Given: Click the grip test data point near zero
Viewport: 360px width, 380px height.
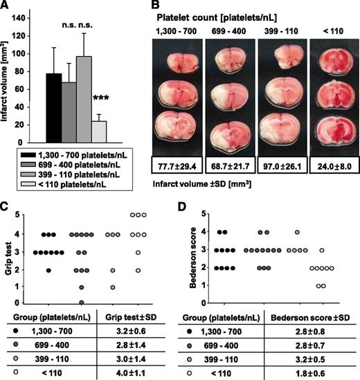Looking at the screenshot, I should (82, 301).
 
